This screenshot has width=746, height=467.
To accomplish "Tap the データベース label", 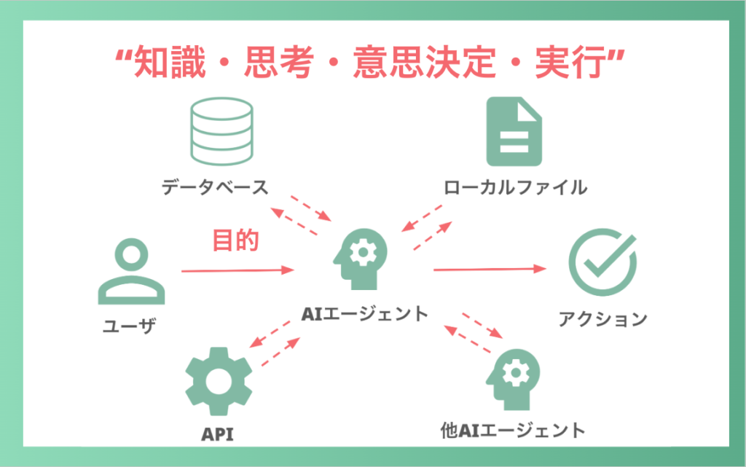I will pyautogui.click(x=216, y=187).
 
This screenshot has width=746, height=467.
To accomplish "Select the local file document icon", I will pyautogui.click(x=514, y=131).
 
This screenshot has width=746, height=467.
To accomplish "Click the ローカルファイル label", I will pyautogui.click(x=515, y=187).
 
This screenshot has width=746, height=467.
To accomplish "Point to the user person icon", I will pyautogui.click(x=131, y=272).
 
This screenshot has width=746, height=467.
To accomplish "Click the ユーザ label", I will pyautogui.click(x=130, y=324).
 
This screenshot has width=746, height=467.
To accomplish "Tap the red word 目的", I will pyautogui.click(x=235, y=240).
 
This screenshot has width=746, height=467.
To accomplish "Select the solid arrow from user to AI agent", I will pyautogui.click(x=237, y=271).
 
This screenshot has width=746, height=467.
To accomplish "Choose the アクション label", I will pyautogui.click(x=602, y=318).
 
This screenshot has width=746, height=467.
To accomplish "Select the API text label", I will pyautogui.click(x=219, y=434).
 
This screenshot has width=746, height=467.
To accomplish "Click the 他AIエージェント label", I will pyautogui.click(x=513, y=430).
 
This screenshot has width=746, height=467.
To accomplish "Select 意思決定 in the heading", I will pyautogui.click(x=417, y=66).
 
